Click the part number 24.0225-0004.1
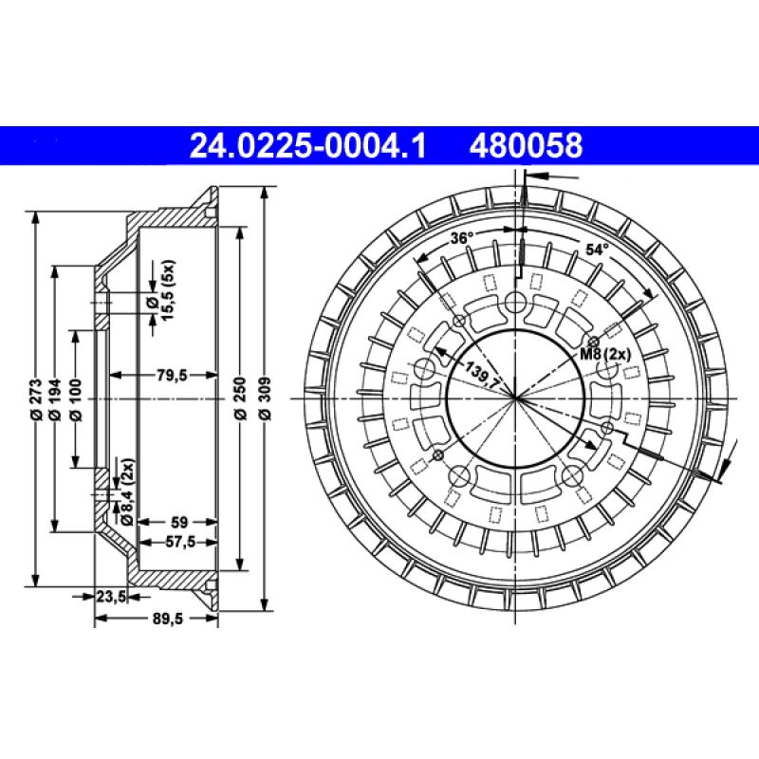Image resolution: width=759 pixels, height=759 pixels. click(x=309, y=145)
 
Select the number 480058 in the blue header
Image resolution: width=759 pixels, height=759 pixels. click(x=524, y=145)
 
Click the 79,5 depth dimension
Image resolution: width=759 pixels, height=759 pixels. click(x=171, y=376)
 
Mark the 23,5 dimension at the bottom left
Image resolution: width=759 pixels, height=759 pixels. click(x=111, y=597)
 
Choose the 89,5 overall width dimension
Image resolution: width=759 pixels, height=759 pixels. click(x=166, y=619)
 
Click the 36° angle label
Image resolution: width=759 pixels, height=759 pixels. click(x=462, y=238)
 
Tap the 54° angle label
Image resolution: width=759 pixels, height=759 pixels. click(x=596, y=250)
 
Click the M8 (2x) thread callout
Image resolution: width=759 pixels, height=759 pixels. click(x=604, y=354)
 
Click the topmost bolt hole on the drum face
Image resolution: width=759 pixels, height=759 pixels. click(x=515, y=303)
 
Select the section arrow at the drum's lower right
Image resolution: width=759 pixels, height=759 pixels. click(x=728, y=462)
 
